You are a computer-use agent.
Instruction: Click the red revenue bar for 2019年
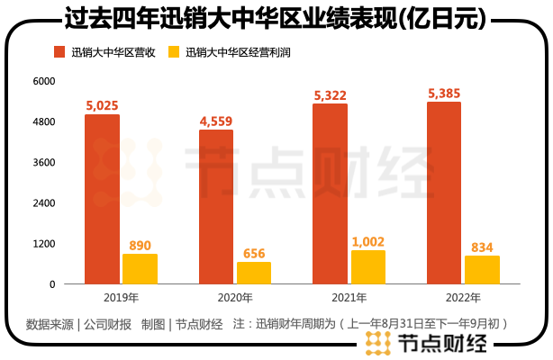[102, 199]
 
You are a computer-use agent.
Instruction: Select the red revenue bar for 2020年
[215, 207]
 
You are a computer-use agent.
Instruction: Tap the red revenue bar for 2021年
[330, 193]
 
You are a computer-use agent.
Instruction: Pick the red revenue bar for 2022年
[443, 193]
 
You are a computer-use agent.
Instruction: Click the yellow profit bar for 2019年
[140, 268]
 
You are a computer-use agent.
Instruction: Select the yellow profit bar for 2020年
[253, 273]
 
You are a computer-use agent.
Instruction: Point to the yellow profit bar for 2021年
[367, 266]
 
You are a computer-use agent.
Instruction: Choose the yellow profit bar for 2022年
[482, 270]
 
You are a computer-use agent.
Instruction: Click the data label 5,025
[103, 106]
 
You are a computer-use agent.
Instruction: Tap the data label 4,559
[216, 121]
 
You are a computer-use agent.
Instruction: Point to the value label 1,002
[367, 242]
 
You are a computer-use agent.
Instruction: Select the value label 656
[254, 254]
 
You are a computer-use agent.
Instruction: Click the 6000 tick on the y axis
[44, 81]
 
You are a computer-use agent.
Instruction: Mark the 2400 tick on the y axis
[44, 203]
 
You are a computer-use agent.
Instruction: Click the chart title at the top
[276, 17]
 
